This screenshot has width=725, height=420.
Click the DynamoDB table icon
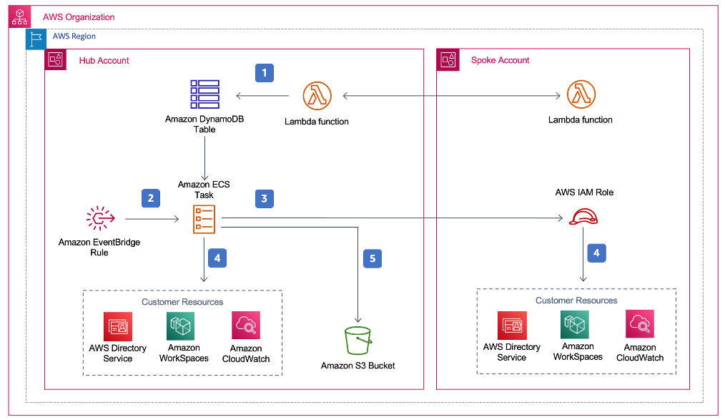click(x=205, y=94)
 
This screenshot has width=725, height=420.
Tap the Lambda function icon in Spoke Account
click(x=581, y=94)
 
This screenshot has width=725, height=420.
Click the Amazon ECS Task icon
click(x=204, y=219)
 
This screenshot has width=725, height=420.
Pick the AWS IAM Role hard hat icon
click(x=583, y=215)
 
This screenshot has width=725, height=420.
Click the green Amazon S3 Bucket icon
click(x=358, y=340)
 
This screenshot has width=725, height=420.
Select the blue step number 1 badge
click(x=265, y=72)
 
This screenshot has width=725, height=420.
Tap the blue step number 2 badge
click(x=149, y=198)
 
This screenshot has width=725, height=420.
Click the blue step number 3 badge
click(x=264, y=198)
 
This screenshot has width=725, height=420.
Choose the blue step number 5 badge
click(x=372, y=258)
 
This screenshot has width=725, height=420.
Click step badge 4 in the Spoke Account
click(x=595, y=252)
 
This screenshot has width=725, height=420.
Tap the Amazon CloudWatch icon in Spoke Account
click(x=640, y=324)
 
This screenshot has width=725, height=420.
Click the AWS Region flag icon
click(x=36, y=39)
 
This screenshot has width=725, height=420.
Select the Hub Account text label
click(x=104, y=61)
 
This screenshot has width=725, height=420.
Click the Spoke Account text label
click(x=500, y=61)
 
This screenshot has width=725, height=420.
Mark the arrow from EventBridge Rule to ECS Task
click(x=152, y=219)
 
